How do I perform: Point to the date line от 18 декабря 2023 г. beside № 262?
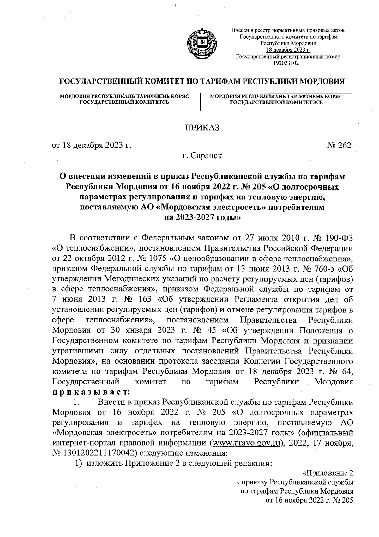pyautogui.click(x=91, y=145)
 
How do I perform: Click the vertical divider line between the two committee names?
pyautogui.click(x=201, y=102)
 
